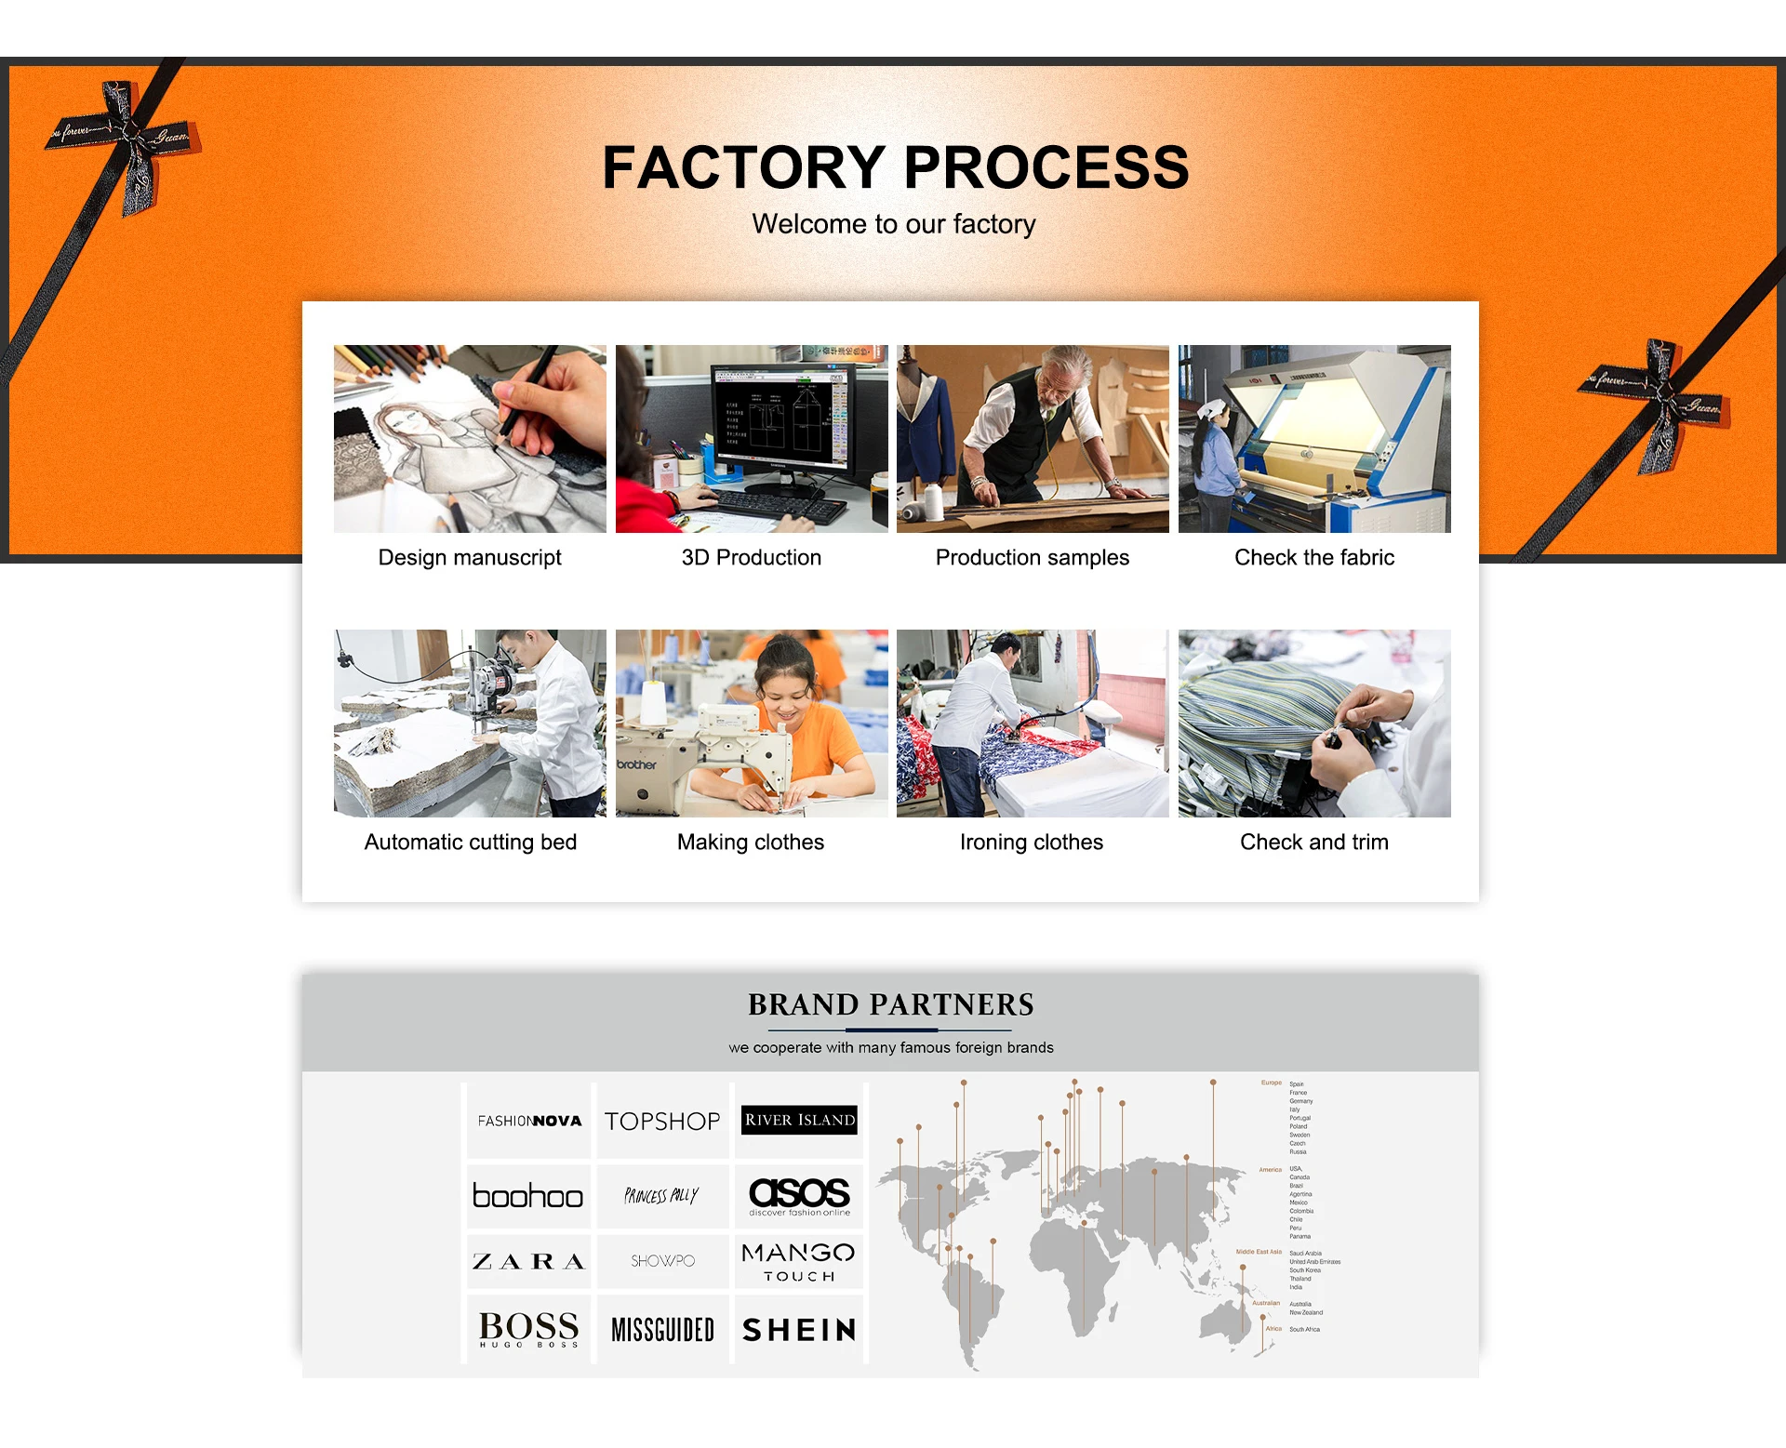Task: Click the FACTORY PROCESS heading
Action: pos(895,167)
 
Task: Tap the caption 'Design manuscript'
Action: pos(470,557)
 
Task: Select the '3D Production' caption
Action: pos(751,557)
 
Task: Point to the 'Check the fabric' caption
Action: pos(1313,557)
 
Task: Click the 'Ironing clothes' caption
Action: pos(1031,842)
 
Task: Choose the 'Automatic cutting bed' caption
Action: pos(470,842)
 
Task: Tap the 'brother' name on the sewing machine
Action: pos(637,764)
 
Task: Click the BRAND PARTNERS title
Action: pos(890,1004)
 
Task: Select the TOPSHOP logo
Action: pos(662,1121)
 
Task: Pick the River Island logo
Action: pos(799,1120)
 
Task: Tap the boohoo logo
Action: pos(527,1196)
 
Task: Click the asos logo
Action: pos(799,1195)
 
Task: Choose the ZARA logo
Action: pos(527,1261)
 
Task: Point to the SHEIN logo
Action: pos(799,1330)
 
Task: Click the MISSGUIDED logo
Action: pos(662,1330)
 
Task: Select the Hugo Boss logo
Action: pos(527,1329)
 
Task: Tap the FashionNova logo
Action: pos(529,1121)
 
